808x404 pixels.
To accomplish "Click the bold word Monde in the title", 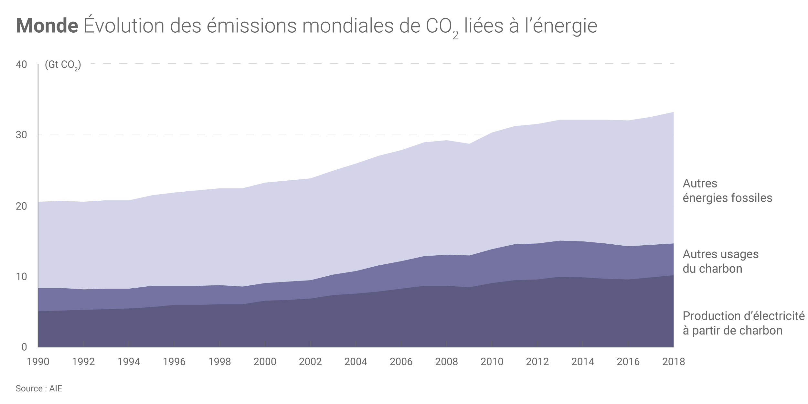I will [x=47, y=26].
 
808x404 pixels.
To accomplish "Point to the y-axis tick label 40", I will [x=21, y=65].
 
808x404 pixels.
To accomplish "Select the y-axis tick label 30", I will [x=21, y=135].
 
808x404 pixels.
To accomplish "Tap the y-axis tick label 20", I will [x=21, y=206].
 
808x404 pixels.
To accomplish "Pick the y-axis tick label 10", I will [x=21, y=277].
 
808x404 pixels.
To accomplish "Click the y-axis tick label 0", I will [x=24, y=347].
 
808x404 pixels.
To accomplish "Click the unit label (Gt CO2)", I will [x=63, y=66].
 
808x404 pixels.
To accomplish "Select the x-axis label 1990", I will [x=38, y=362].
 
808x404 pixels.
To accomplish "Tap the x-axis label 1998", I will [x=220, y=362].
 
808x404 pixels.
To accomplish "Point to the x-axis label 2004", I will [x=356, y=362].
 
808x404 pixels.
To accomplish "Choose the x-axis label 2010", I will [x=492, y=362].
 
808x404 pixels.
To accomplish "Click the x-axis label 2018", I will [x=674, y=362].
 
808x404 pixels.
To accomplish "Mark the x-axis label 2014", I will [x=583, y=362].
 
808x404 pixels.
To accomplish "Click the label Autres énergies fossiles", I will [x=727, y=191].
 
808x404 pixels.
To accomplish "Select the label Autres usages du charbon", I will [x=720, y=261].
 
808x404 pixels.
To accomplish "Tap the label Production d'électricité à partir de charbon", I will [x=743, y=323].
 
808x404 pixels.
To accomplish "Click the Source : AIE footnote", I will [x=39, y=388].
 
